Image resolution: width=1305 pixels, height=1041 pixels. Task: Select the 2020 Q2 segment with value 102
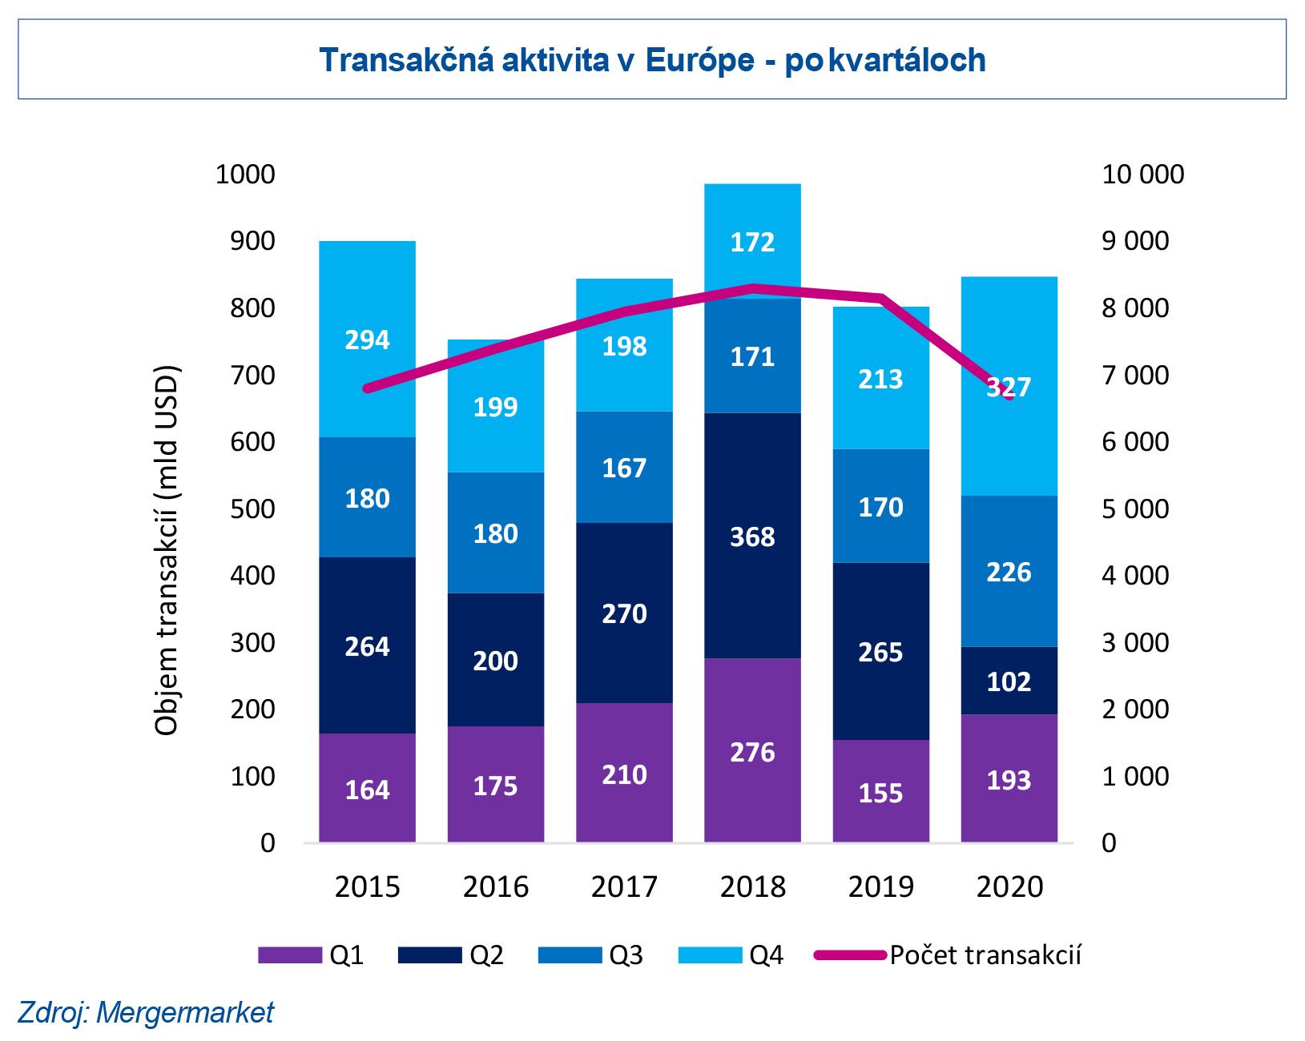point(1009,681)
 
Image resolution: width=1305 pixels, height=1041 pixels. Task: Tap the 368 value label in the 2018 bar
point(752,537)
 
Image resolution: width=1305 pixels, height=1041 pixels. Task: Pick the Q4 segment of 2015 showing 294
point(367,339)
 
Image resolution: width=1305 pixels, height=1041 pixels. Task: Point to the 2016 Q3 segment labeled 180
point(495,533)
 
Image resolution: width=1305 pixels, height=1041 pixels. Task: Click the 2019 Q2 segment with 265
point(880,651)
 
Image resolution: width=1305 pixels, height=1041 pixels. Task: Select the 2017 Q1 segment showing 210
point(624,773)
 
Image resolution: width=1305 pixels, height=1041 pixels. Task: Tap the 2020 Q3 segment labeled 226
point(1009,571)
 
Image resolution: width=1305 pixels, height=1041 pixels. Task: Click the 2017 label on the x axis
point(624,886)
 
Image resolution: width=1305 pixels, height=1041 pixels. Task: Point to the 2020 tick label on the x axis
point(1009,886)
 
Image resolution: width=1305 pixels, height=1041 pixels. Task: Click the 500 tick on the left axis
point(252,508)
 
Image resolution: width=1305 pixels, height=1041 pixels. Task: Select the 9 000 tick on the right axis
point(1135,241)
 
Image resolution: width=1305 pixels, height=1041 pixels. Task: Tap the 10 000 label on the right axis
point(1142,175)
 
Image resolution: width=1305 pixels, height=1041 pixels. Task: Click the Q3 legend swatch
point(570,955)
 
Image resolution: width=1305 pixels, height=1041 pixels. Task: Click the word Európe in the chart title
point(699,61)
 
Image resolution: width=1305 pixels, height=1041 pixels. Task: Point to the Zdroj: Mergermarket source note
point(145,1012)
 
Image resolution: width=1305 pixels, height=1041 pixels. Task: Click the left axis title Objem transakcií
point(166,550)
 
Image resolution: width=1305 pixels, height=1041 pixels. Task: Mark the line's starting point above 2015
point(367,389)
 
